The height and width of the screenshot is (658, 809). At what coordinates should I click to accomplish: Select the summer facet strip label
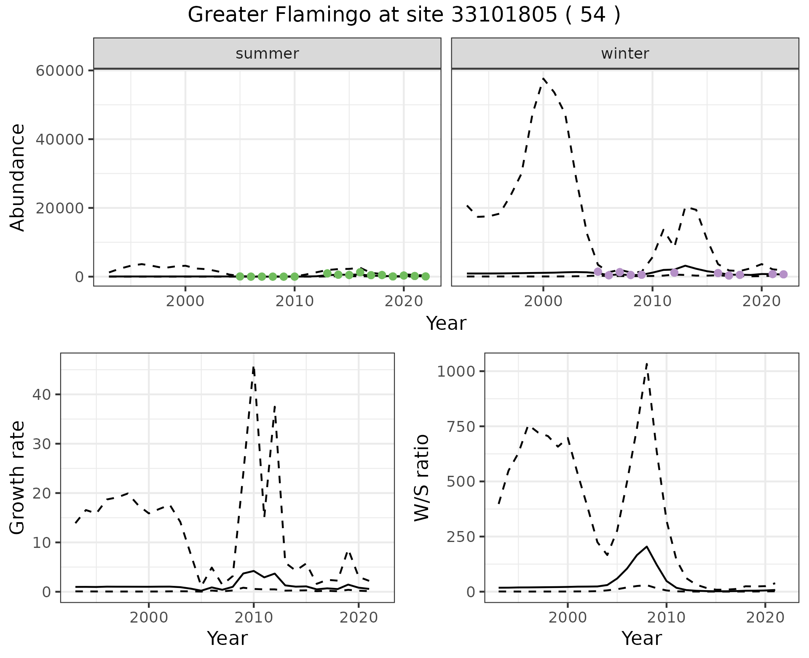267,54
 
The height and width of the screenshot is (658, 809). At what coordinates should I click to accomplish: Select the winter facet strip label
625,54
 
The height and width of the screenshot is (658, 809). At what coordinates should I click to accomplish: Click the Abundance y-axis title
18,177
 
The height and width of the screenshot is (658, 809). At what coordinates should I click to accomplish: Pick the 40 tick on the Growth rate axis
41,394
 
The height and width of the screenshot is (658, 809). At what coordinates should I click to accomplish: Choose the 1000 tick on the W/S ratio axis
456,371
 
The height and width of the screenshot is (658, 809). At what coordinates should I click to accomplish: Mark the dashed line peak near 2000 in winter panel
544,78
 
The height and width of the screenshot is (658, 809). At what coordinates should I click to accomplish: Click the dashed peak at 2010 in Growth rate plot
253,367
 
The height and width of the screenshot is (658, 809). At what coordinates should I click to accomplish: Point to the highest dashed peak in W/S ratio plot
647,363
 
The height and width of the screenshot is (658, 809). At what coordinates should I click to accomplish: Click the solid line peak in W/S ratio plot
647,546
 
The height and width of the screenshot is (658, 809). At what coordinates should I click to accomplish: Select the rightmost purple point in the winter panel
783,275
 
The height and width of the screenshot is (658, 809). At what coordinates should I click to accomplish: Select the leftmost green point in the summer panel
240,277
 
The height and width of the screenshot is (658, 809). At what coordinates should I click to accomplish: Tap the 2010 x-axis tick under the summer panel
294,302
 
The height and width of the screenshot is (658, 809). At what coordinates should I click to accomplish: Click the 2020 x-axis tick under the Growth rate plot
358,618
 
